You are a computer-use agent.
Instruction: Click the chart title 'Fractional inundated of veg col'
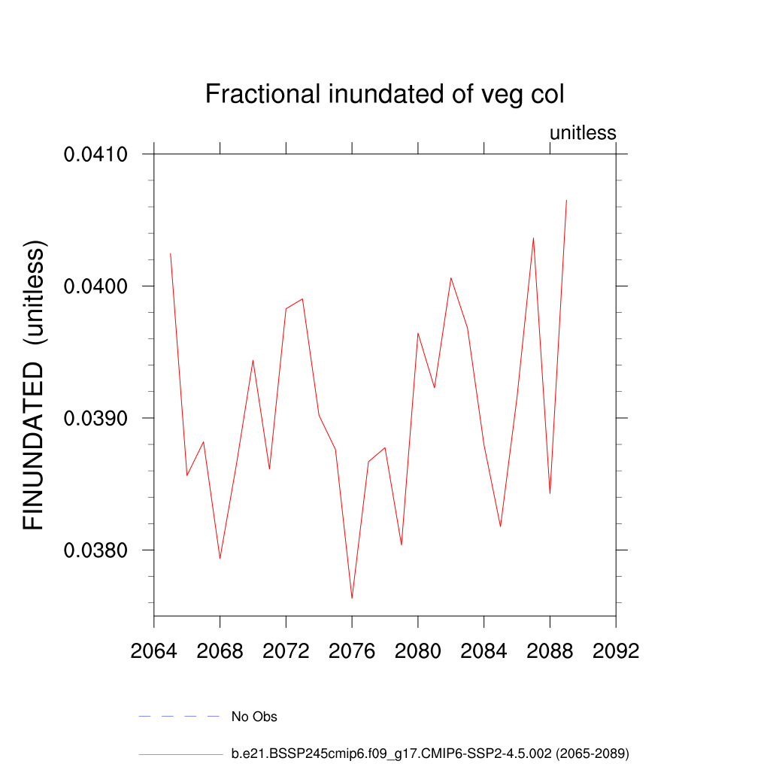coord(384,95)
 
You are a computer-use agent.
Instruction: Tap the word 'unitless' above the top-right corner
coord(583,133)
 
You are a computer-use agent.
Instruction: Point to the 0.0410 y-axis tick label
coord(95,155)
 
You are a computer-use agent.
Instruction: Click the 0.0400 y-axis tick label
coord(95,286)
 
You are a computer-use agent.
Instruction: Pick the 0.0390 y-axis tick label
coord(95,418)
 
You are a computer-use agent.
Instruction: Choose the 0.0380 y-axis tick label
coord(95,550)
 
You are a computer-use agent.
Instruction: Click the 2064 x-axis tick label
coord(154,651)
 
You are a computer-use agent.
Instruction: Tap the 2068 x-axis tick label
coord(220,651)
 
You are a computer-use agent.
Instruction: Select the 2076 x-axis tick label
coord(352,651)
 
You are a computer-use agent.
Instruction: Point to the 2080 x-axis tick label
coord(418,651)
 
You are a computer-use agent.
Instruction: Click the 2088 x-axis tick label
coord(550,651)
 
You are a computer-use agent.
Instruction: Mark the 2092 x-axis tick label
coord(616,651)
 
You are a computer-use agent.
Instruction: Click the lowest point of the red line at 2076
coord(352,598)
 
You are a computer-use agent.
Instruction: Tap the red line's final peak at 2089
coord(566,200)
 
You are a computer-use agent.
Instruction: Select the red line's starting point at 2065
coord(171,253)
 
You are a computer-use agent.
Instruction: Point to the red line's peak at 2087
coord(533,238)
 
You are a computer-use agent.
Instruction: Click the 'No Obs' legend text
coord(254,717)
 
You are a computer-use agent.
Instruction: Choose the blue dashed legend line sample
coord(179,717)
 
